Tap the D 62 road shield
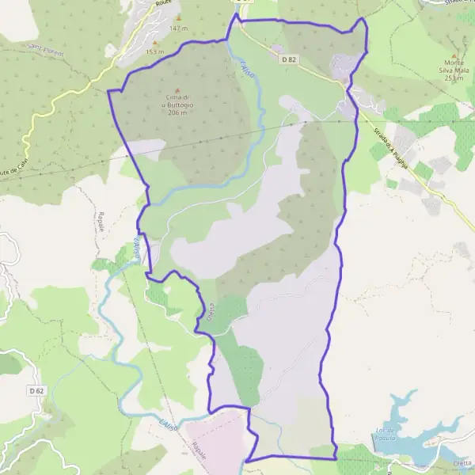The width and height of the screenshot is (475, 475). tap(36, 390)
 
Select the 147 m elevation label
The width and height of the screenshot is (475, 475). tap(179, 28)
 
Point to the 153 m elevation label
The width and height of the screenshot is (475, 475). tap(154, 52)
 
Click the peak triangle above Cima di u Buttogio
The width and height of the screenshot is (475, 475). tap(177, 89)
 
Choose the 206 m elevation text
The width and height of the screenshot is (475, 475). tap(177, 113)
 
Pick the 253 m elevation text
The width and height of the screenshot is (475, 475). tap(454, 78)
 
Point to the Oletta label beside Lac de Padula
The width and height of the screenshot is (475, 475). tap(462, 463)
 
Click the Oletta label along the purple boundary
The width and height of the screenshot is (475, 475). tap(211, 310)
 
